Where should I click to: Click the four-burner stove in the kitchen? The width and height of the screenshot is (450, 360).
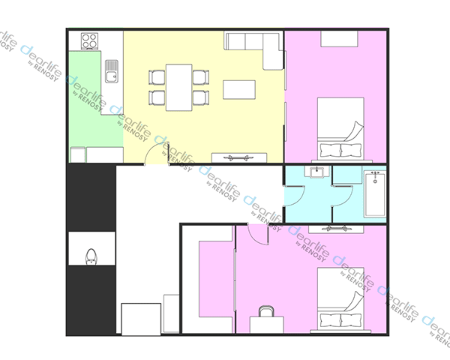[x=89, y=41]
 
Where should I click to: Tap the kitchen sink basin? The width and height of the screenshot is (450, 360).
[x=111, y=71]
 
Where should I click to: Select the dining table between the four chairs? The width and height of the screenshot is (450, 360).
[x=178, y=88]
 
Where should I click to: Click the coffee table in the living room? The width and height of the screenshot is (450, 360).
[x=239, y=90]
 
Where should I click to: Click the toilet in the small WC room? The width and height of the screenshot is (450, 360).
[x=91, y=256]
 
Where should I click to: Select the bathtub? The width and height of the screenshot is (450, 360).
[x=375, y=193]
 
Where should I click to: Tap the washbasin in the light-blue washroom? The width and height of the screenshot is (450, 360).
[x=316, y=172]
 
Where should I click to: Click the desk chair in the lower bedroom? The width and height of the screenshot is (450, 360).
[x=266, y=311]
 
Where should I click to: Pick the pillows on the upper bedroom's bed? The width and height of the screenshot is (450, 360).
[x=340, y=150]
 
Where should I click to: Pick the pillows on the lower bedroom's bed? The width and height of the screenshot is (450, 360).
[x=340, y=320]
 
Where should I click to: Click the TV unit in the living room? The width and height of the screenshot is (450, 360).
[x=239, y=157]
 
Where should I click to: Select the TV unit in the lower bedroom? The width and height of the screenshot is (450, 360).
[x=336, y=229]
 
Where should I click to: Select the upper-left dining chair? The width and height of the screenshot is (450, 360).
[x=157, y=77]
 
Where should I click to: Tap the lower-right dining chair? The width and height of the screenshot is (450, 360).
[x=201, y=97]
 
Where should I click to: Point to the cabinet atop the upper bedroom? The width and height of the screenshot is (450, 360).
[x=339, y=39]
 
